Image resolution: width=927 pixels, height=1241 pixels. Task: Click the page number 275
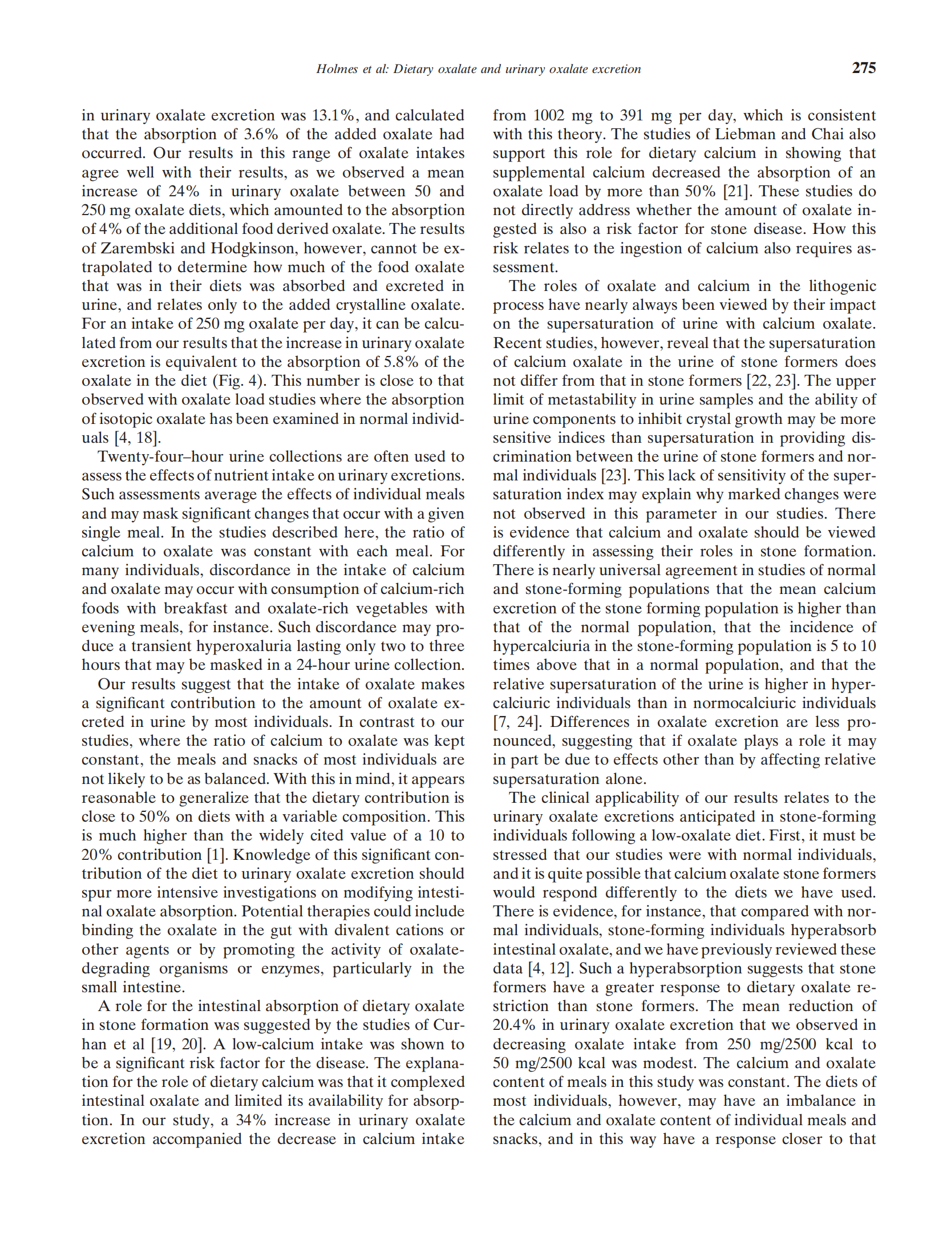[x=863, y=68]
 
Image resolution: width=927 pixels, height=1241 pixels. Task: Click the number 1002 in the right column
[x=552, y=115]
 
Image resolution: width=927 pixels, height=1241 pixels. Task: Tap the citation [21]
[x=736, y=191]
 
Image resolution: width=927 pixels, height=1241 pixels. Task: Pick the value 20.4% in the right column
[x=514, y=1025]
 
